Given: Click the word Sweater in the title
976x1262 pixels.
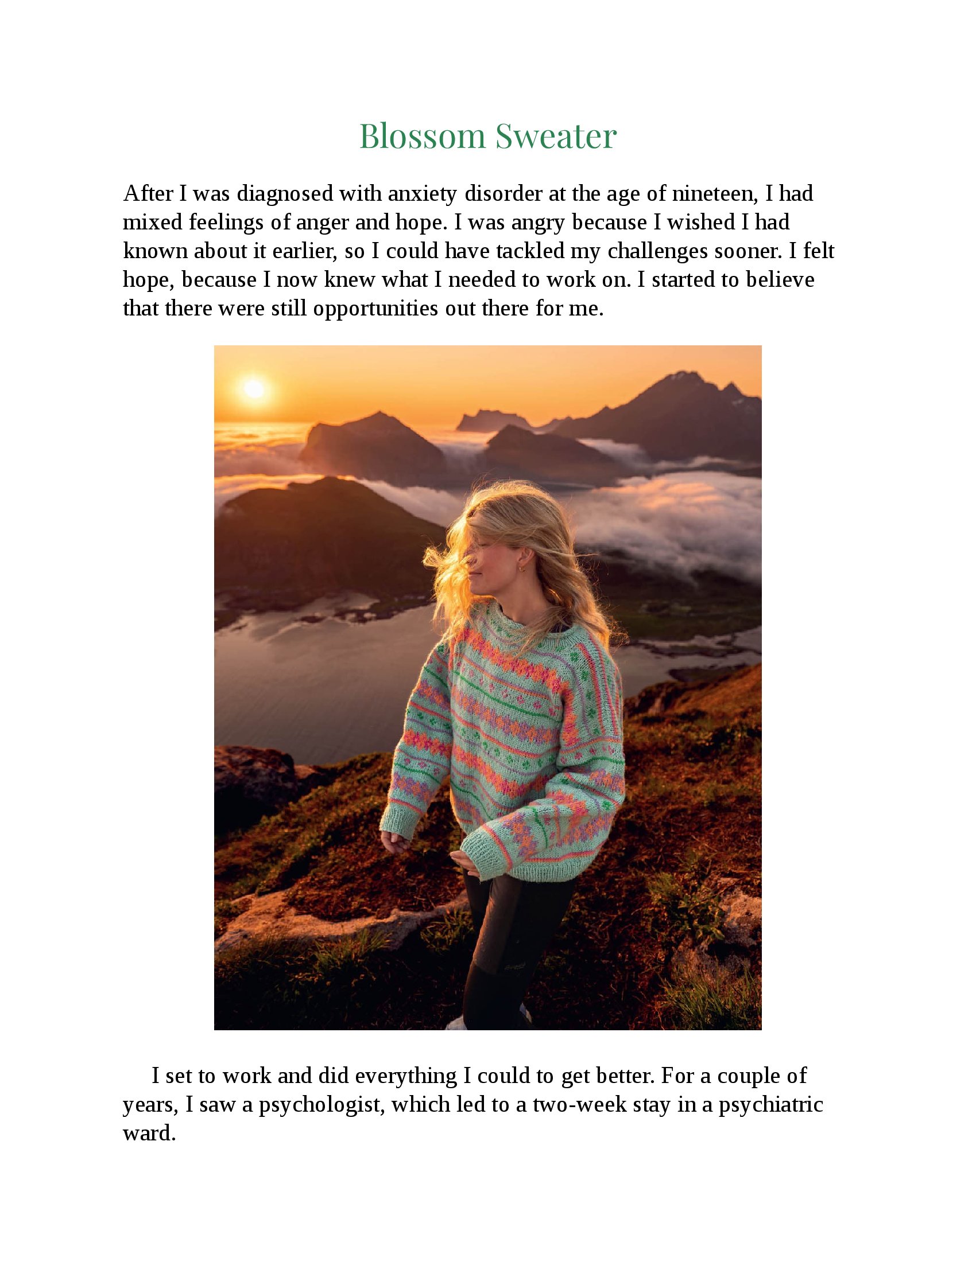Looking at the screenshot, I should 556,137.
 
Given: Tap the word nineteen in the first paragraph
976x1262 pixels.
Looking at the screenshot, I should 715,193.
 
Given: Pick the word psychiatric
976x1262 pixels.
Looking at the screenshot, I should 770,1104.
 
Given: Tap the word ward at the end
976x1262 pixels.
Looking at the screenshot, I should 149,1133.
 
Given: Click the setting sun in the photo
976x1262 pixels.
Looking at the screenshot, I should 254,388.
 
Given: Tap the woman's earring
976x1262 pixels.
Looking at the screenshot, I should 523,568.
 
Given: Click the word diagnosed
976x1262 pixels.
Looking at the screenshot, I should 285,193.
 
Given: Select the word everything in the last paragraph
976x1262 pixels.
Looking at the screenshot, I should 406,1076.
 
